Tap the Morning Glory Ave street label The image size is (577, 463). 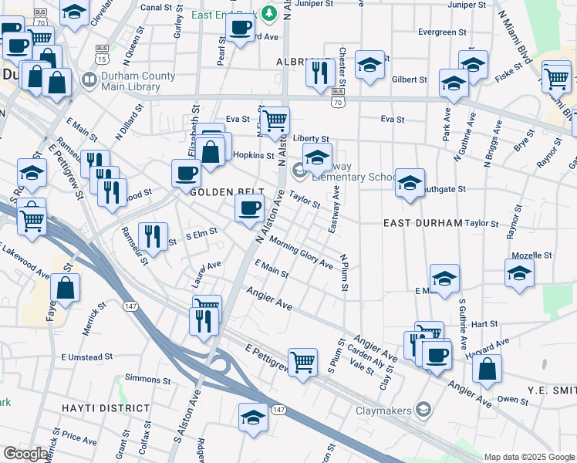point(300,253)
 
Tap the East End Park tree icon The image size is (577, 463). point(268,12)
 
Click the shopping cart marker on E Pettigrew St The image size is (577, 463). point(303,360)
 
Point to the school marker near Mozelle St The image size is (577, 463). point(519,273)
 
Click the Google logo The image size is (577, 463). point(25,455)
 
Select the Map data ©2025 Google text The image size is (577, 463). point(528,457)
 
